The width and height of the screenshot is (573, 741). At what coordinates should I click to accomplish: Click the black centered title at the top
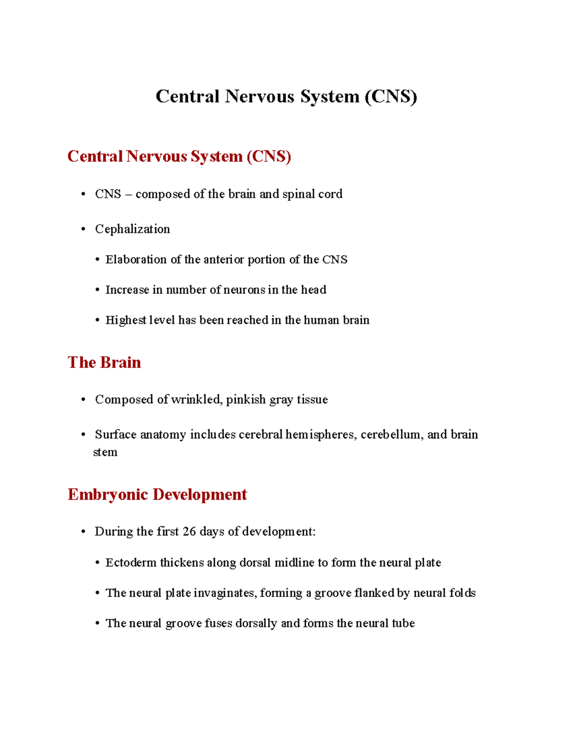[286, 96]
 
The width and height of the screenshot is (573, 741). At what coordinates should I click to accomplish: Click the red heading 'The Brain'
[104, 362]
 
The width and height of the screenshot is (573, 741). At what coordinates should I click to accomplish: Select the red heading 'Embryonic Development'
[157, 494]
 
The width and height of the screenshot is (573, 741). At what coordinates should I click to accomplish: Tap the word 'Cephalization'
[132, 229]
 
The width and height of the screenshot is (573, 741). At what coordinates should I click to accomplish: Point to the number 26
[189, 532]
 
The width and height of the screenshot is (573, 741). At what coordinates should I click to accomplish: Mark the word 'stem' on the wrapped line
[105, 452]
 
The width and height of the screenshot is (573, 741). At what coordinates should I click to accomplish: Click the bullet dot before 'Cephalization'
[84, 230]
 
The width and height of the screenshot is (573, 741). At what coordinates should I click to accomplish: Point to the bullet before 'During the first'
[84, 532]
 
